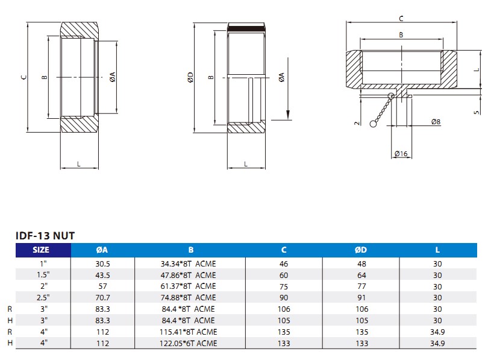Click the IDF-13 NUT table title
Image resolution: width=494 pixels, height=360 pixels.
(x=45, y=236)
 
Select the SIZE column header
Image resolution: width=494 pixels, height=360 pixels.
(x=42, y=250)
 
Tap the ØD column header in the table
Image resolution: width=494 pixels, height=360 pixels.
(x=360, y=250)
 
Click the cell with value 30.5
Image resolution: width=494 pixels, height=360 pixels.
(x=103, y=264)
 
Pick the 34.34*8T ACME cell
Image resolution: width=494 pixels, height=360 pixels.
(x=189, y=264)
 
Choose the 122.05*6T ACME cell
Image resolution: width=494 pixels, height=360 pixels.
(x=189, y=344)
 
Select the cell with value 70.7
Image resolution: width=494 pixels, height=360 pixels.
(x=103, y=297)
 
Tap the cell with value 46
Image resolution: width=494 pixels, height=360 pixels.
(x=284, y=264)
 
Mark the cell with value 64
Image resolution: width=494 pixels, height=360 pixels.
(x=360, y=275)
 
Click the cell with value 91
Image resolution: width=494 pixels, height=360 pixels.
(x=360, y=297)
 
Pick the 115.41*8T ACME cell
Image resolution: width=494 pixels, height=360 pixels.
(x=189, y=332)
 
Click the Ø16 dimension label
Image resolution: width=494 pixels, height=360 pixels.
(x=401, y=154)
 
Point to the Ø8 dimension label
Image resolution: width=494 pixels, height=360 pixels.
(x=436, y=122)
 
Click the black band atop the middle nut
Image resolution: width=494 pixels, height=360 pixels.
(x=246, y=28)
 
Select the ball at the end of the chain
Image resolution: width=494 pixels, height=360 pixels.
(x=374, y=125)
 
